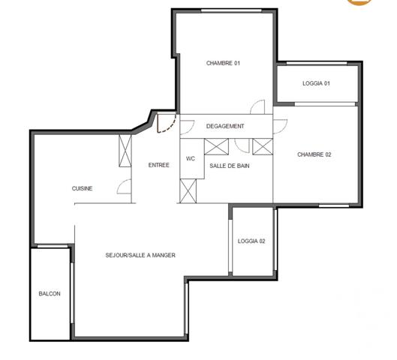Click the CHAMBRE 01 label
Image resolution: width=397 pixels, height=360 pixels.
(223, 63)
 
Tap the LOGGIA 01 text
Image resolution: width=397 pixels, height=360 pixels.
(316, 83)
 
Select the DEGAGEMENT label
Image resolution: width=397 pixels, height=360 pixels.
(225, 126)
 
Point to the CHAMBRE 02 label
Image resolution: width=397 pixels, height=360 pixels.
(314, 154)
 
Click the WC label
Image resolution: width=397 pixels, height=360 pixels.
(191, 158)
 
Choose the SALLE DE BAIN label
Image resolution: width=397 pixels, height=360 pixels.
(230, 165)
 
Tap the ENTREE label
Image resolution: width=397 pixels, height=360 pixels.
(158, 165)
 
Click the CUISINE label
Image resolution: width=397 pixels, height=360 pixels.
(83, 188)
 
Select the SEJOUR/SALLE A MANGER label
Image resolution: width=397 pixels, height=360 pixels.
(141, 255)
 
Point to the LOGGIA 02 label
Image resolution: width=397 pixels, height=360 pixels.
(251, 241)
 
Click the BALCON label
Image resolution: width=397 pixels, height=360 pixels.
(50, 293)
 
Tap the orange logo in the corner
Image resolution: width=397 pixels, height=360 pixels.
(383, 2)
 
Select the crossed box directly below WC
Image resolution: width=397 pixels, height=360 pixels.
(188, 191)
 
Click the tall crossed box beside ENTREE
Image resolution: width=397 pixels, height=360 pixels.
(125, 151)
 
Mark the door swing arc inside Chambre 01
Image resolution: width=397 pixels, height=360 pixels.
(258, 107)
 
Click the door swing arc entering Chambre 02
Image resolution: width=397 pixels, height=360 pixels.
(279, 125)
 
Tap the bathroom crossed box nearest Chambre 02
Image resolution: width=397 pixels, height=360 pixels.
(263, 145)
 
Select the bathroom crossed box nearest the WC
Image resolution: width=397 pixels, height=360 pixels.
(217, 145)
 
